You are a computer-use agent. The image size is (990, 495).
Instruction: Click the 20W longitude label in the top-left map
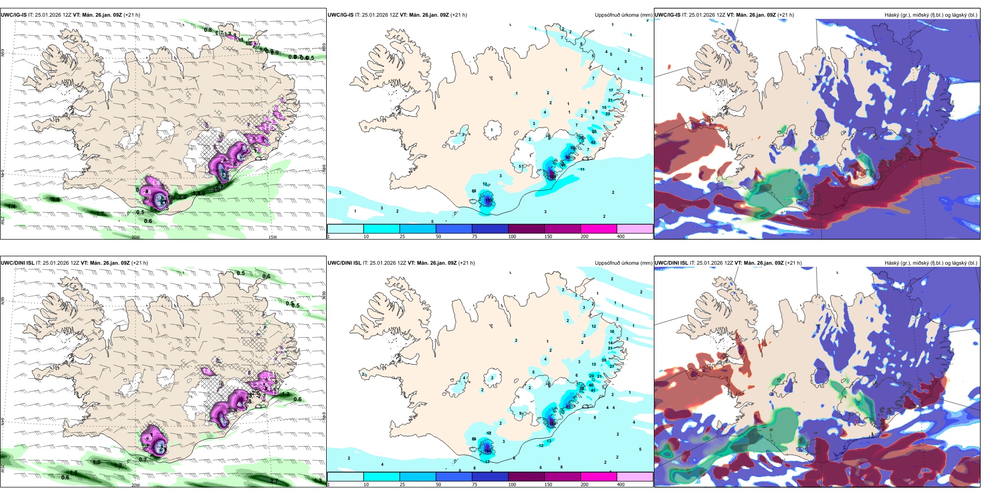click(135, 237)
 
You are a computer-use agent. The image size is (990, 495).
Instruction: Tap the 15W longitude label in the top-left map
click(272, 237)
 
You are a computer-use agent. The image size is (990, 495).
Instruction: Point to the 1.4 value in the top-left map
click(11, 207)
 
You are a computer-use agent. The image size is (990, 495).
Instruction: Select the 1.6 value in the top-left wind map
click(56, 200)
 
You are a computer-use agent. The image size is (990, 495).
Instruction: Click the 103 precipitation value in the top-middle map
click(489, 200)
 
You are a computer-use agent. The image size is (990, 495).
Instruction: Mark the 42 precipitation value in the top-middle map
click(593, 142)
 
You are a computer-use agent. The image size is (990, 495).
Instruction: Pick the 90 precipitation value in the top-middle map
click(568, 157)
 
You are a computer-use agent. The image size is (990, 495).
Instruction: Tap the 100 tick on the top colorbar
click(512, 237)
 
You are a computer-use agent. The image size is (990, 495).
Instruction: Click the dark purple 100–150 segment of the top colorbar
click(526, 229)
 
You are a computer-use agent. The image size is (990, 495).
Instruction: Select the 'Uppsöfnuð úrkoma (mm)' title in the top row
click(623, 15)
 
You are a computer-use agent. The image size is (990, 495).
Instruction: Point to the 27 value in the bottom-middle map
click(612, 366)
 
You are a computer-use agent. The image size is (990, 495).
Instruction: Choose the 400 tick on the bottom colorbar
click(621, 485)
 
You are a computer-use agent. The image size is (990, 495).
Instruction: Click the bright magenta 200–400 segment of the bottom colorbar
click(599, 477)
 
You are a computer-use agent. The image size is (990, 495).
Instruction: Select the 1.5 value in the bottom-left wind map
click(73, 473)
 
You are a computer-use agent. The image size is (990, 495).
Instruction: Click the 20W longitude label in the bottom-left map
click(135, 485)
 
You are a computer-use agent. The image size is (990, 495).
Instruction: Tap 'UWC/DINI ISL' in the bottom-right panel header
click(671, 263)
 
